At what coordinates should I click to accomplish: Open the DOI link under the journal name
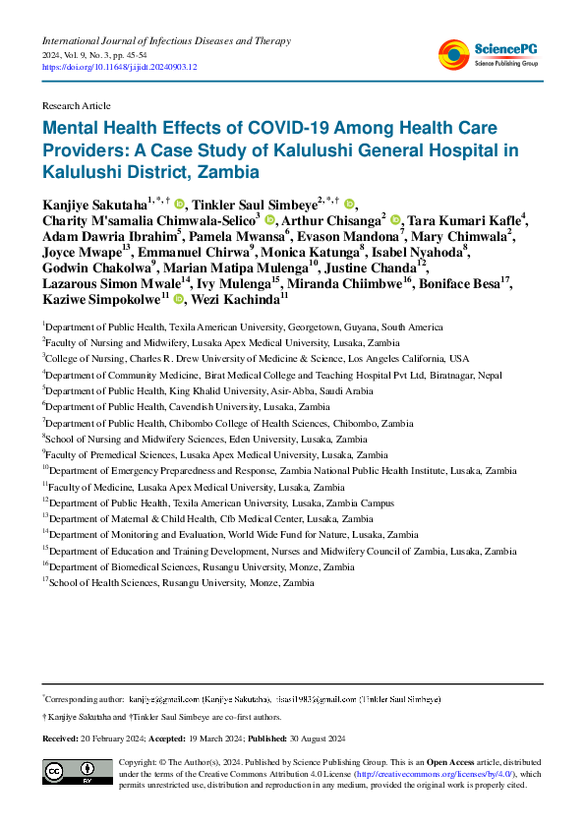tap(119, 67)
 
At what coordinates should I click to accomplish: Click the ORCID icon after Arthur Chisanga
tap(395, 220)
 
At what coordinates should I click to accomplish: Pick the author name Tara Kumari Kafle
tap(463, 220)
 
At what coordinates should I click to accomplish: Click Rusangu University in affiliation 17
tap(203, 583)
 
